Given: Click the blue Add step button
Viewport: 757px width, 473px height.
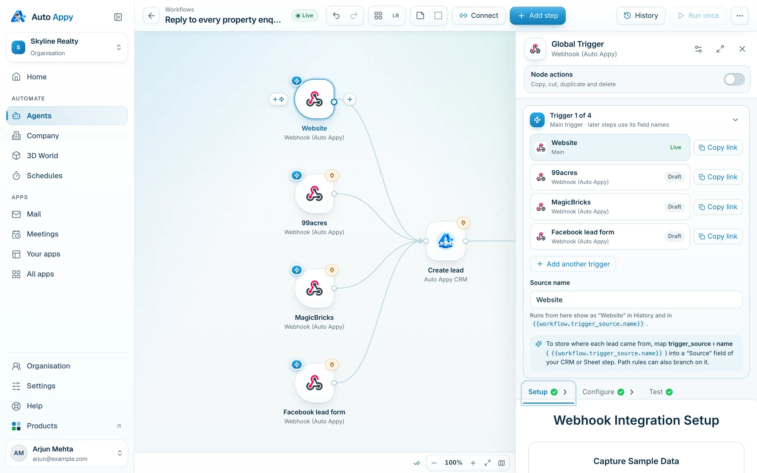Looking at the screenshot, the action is point(537,15).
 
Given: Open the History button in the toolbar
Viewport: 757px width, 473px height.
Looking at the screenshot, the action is point(641,15).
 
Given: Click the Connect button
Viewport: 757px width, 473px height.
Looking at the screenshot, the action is point(478,15).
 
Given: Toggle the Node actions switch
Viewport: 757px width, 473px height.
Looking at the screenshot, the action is point(734,79).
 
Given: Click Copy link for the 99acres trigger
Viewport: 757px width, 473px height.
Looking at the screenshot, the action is point(718,177).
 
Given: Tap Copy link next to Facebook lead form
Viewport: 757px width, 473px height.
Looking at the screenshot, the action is point(718,236).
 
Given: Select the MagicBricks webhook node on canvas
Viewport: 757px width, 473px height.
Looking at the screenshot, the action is point(314,288).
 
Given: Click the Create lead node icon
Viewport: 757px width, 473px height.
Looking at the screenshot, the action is point(445,241).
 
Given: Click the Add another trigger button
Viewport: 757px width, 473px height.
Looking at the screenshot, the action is point(573,264).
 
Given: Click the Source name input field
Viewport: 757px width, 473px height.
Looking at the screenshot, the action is point(636,300).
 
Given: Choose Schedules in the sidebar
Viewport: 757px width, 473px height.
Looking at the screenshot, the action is point(44,176).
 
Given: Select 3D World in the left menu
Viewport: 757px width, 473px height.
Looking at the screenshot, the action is point(42,156).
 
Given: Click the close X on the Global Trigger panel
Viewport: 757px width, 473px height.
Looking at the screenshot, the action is point(742,49).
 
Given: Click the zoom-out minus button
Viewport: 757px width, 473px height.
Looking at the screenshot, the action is point(434,463).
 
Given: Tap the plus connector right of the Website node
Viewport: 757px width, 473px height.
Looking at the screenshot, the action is point(349,99).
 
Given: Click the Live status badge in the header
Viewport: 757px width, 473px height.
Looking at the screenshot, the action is point(305,15).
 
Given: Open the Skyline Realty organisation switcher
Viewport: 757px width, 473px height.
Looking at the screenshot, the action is point(67,47).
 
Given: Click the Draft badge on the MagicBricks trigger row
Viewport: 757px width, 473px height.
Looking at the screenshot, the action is point(674,207).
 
